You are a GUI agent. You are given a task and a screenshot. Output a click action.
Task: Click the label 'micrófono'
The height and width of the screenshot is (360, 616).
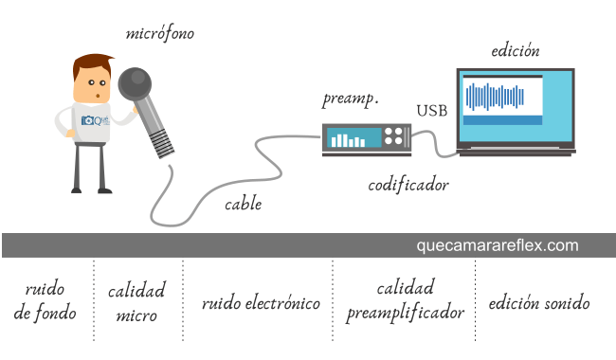160,33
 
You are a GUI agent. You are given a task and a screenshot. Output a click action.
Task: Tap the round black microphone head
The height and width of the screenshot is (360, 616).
135,84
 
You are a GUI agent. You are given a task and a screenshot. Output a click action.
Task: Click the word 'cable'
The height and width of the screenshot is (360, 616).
243,204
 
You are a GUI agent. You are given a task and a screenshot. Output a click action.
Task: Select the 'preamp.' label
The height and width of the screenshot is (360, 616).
352,99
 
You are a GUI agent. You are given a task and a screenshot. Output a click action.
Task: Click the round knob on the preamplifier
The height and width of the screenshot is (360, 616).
396,139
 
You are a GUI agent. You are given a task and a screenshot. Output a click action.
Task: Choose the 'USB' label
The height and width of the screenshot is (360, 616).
432,111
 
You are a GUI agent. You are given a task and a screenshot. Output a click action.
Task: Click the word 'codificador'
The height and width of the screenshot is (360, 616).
408,185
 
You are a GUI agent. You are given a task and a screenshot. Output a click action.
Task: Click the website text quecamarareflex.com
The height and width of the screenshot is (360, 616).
497,245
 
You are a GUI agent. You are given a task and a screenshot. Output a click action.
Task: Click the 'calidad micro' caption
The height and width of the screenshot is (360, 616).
136,302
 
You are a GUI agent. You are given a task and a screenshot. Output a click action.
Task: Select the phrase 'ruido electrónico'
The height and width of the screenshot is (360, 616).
261,304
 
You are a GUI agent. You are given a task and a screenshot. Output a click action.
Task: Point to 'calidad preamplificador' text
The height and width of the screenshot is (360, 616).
405,300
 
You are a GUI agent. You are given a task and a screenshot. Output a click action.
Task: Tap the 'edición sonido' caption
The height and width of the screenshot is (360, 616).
538,304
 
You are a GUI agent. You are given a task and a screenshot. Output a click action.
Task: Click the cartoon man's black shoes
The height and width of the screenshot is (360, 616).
92,189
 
